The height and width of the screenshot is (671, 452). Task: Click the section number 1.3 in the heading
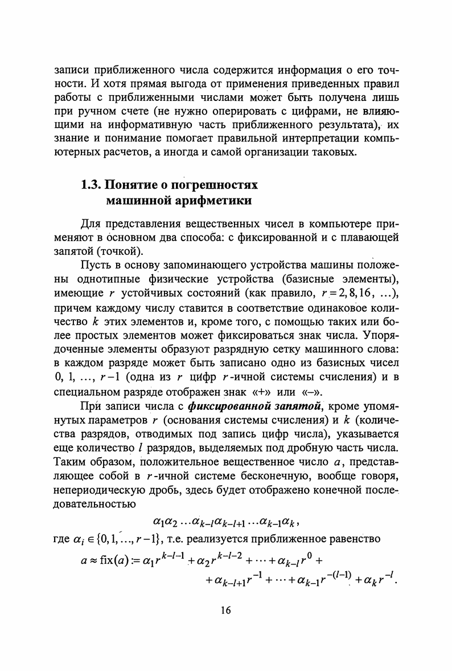click(x=90, y=185)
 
